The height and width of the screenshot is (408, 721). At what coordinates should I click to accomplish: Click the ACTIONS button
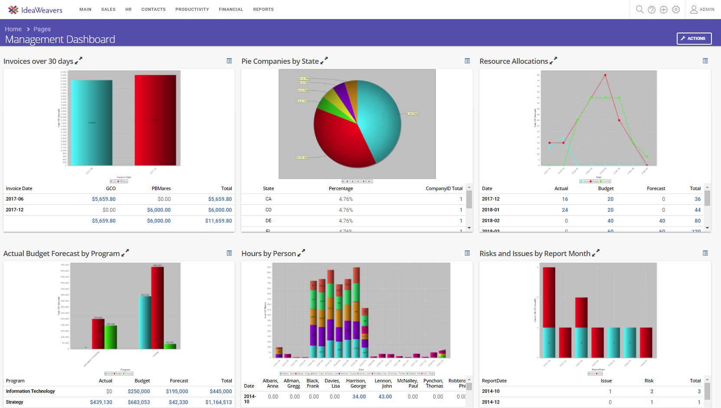pyautogui.click(x=694, y=39)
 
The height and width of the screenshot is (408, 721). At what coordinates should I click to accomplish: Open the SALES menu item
pyautogui.click(x=108, y=10)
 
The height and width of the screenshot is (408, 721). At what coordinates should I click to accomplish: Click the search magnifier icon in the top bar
pyautogui.click(x=639, y=10)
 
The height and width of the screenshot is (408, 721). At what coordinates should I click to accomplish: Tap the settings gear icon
pyautogui.click(x=676, y=10)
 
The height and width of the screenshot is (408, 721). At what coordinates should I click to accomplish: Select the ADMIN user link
pyautogui.click(x=702, y=10)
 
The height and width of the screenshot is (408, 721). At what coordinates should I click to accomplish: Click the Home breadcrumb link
pyautogui.click(x=13, y=29)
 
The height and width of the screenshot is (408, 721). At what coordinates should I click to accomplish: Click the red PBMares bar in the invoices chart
pyautogui.click(x=155, y=120)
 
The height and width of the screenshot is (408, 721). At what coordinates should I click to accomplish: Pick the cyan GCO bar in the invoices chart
pyautogui.click(x=92, y=123)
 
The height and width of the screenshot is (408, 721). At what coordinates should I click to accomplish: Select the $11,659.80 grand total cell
pyautogui.click(x=219, y=221)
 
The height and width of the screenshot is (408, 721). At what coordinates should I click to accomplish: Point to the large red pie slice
pyautogui.click(x=343, y=139)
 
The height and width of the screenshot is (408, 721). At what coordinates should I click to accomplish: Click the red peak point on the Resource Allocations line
pyautogui.click(x=605, y=76)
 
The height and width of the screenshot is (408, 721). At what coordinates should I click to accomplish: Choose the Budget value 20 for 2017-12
pyautogui.click(x=610, y=199)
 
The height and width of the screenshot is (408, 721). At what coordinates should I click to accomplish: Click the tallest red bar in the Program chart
pyautogui.click(x=157, y=307)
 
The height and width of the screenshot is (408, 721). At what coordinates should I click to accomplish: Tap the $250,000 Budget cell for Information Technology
pyautogui.click(x=139, y=392)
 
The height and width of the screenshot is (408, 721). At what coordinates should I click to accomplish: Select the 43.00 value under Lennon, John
pyautogui.click(x=385, y=397)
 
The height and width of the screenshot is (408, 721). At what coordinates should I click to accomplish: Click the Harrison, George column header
pyautogui.click(x=356, y=383)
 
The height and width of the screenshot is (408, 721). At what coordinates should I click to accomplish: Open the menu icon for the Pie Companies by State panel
pyautogui.click(x=467, y=61)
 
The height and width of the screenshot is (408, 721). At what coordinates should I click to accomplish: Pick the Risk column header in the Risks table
pyautogui.click(x=649, y=381)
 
